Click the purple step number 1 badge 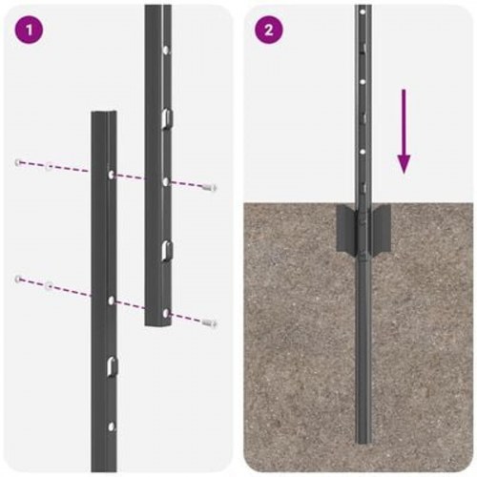coord(30,29)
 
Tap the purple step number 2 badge coord(269,29)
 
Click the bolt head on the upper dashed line coord(212,188)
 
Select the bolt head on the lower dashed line coord(212,324)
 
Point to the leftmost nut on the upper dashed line coord(19,162)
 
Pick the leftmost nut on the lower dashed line coord(18,279)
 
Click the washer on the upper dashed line coord(49,167)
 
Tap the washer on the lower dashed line coord(49,284)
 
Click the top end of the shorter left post coord(103,114)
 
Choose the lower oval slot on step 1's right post coord(166,250)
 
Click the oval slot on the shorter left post coord(112,365)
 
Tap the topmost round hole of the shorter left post coord(112,176)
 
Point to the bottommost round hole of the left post coord(112,426)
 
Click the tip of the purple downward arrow coord(404,172)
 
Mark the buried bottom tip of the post coord(363,442)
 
